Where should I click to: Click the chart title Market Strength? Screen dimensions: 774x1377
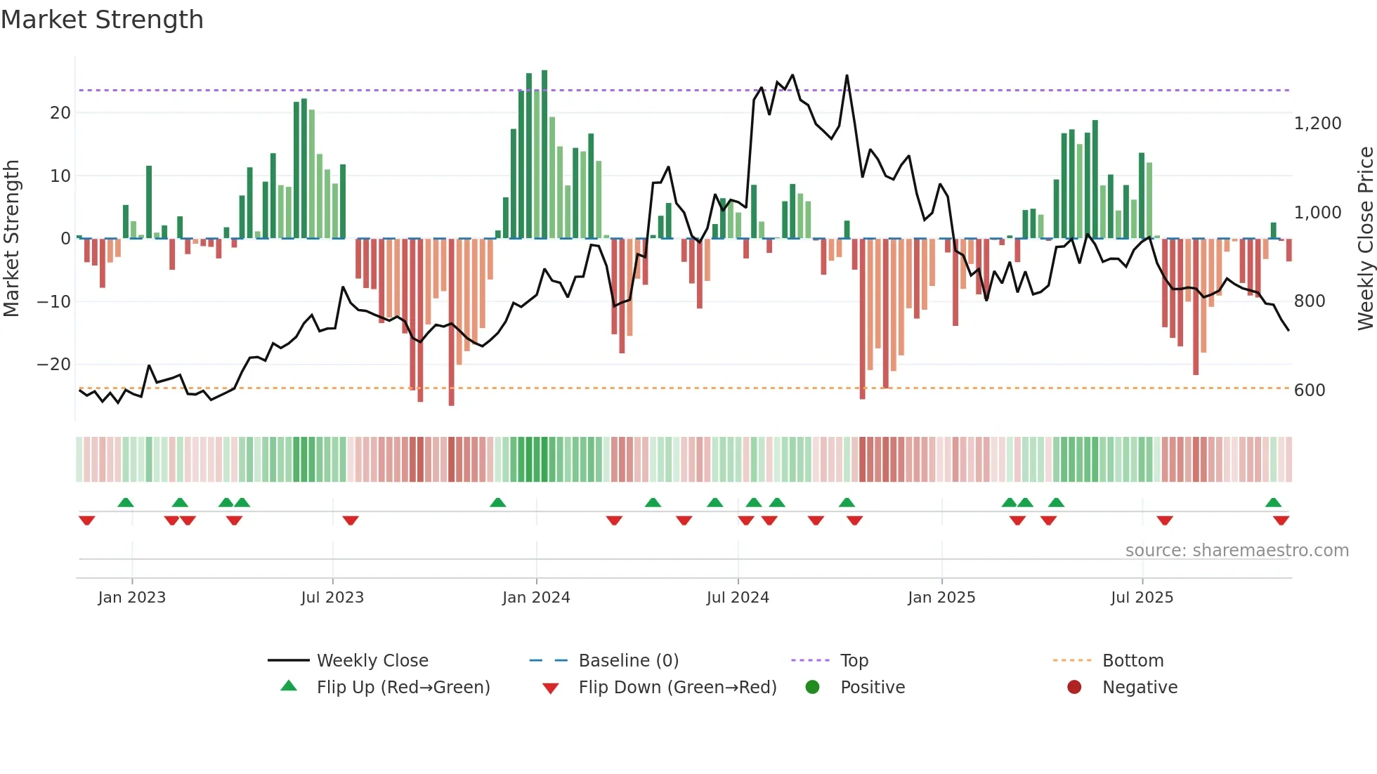pos(102,20)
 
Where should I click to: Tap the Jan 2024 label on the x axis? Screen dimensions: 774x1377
pos(536,598)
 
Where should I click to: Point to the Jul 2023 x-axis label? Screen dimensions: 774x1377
pos(332,598)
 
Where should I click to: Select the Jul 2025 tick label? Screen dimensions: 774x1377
pos(1142,598)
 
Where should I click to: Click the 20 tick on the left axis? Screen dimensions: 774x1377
pos(60,113)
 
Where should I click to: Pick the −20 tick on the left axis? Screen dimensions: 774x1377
pos(54,365)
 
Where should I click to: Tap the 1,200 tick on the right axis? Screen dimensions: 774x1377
pos(1317,124)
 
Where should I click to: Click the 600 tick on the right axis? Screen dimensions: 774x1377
pos(1310,391)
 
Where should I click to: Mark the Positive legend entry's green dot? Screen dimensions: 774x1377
pos(813,687)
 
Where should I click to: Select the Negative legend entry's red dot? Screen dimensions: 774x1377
pos(1074,687)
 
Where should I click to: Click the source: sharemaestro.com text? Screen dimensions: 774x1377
pos(1236,551)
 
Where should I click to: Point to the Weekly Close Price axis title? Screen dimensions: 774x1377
pos(1365,239)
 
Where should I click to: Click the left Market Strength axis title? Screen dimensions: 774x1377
pos(12,239)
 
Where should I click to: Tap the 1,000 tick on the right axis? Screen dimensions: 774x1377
pos(1317,213)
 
